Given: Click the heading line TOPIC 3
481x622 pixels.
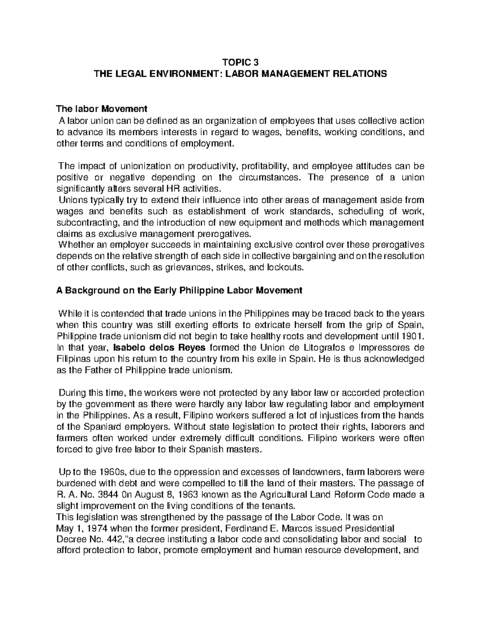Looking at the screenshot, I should click(x=240, y=62).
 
